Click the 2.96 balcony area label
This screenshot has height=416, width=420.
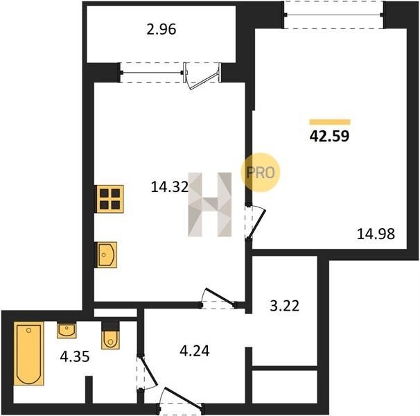click(161, 30)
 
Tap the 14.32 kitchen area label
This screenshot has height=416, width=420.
click(170, 187)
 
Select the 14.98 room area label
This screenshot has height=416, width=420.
click(376, 234)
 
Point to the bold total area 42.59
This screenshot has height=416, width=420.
click(329, 136)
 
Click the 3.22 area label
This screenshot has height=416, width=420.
click(284, 306)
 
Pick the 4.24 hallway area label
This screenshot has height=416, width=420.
click(195, 351)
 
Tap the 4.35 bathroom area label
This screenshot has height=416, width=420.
click(75, 357)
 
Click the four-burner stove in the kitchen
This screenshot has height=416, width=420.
click(110, 199)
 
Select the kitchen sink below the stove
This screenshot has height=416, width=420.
click(107, 254)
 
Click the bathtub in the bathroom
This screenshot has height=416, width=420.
click(28, 354)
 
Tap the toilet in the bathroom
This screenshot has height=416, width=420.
click(110, 340)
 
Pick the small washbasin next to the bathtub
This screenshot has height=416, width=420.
click(67, 331)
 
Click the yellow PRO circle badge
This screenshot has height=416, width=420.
click(261, 173)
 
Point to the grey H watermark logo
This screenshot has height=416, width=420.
click(210, 205)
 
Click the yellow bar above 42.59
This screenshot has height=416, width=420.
click(330, 122)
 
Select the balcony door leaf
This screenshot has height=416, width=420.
click(204, 80)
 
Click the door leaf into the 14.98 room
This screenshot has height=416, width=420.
click(257, 223)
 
